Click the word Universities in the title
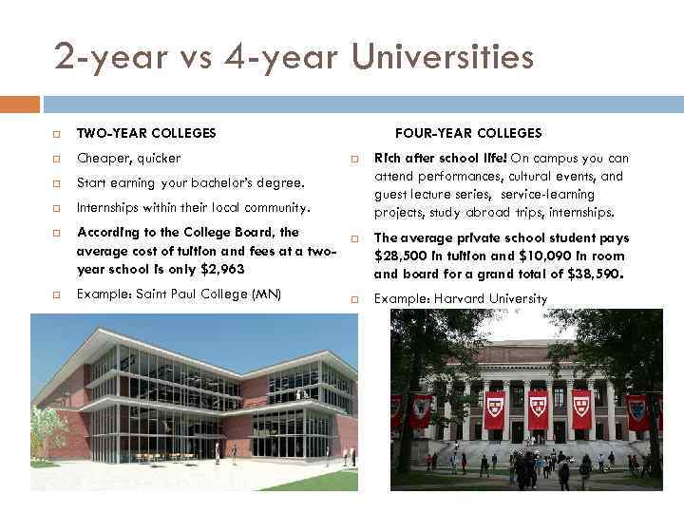click(443, 58)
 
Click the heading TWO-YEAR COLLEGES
click(146, 133)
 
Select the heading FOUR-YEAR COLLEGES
click(468, 133)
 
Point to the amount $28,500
click(400, 256)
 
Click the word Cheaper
click(102, 158)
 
